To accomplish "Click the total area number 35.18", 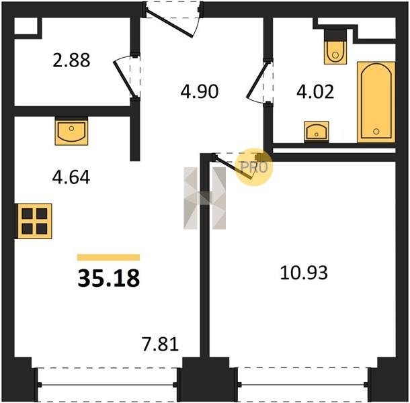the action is [108, 278].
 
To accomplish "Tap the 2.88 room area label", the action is [71, 60].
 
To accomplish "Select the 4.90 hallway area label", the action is [200, 92].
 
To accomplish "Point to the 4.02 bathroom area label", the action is [315, 92].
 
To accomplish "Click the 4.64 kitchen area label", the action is [71, 177].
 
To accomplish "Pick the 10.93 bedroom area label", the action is [304, 273].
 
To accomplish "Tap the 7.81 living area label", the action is [160, 344].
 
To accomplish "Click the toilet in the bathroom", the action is [335, 46].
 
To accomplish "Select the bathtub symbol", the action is [376, 102].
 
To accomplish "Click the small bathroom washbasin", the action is [317, 132].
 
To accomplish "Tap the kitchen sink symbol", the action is [71, 131].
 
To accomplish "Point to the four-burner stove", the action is [34, 221].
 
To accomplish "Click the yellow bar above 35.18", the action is [108, 257].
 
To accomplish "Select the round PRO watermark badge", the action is [254, 167].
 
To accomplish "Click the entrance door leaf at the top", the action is [169, 23].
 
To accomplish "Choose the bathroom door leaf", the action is [257, 79].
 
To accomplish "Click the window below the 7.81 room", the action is [108, 385].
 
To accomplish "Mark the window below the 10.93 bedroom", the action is [303, 384].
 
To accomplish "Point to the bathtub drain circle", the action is [376, 132].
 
